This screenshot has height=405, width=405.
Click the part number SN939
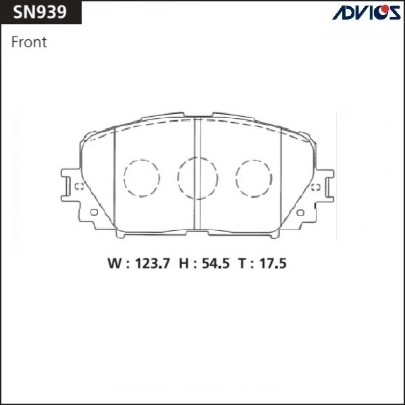pyautogui.click(x=40, y=12)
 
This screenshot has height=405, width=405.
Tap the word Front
pyautogui.click(x=29, y=42)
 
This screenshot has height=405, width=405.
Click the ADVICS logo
pyautogui.click(x=367, y=12)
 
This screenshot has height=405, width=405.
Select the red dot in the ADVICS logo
pyautogui.click(x=385, y=9)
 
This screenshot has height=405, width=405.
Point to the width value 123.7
pyautogui.click(x=153, y=264)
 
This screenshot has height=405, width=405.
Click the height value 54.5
pyautogui.click(x=216, y=264)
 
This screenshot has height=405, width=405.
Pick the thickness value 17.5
pyautogui.click(x=273, y=264)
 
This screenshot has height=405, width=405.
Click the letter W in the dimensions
pyautogui.click(x=115, y=264)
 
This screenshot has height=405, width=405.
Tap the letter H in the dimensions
pyautogui.click(x=184, y=264)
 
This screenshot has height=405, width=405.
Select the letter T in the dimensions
pyautogui.click(x=243, y=264)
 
